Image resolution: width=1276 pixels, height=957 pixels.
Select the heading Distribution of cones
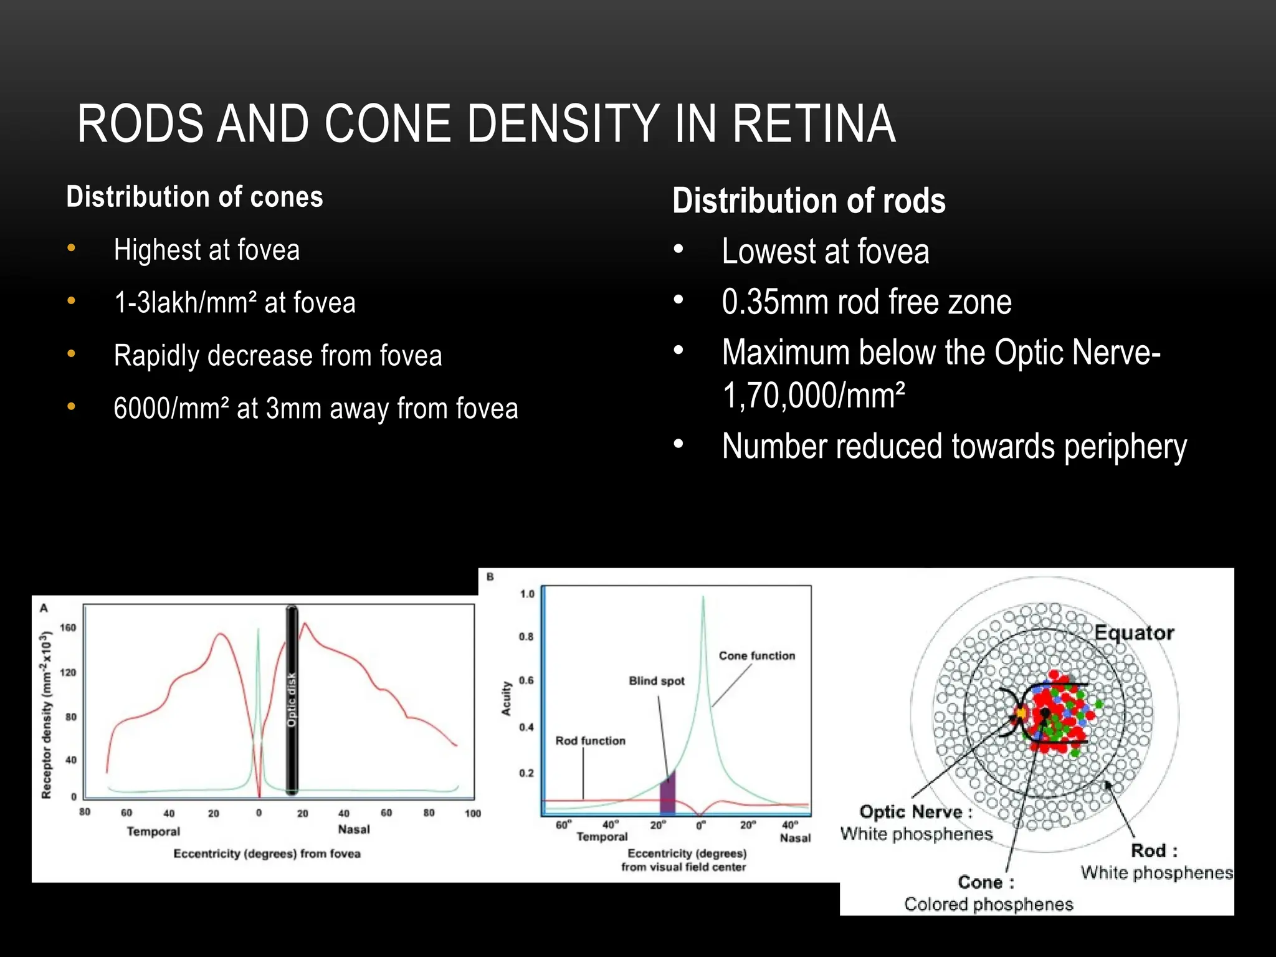(194, 197)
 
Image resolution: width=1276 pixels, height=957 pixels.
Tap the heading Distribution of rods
(809, 201)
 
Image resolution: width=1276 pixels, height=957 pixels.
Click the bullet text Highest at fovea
(206, 250)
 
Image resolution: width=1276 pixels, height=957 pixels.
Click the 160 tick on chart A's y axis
(68, 627)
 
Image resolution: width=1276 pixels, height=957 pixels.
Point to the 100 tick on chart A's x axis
(473, 813)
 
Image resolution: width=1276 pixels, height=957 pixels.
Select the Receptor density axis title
(46, 715)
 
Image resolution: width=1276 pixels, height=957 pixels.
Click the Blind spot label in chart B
(656, 681)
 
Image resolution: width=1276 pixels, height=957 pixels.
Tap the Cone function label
(756, 655)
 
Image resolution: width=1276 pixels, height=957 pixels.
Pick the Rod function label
(590, 741)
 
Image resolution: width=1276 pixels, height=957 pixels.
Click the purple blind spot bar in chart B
(667, 794)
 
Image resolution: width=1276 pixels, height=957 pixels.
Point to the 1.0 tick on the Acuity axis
(527, 594)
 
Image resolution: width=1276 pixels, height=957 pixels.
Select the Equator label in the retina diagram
(1134, 633)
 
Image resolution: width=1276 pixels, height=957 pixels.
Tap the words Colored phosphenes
(988, 904)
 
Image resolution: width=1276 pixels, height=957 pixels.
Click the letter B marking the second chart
(490, 577)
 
